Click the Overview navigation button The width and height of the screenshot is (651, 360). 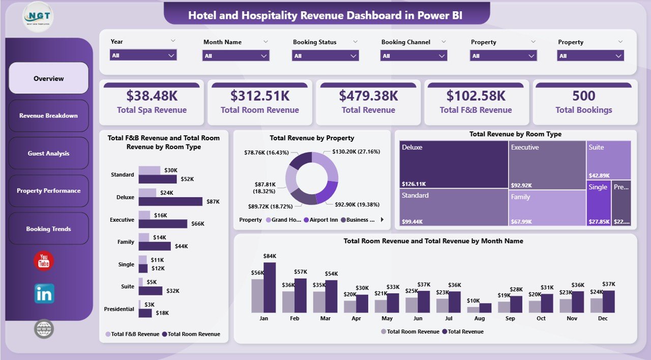pyautogui.click(x=49, y=78)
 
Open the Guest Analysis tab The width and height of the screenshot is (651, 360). pyautogui.click(x=49, y=153)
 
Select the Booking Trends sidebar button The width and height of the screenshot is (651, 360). pyautogui.click(x=49, y=229)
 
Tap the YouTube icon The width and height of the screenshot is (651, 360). pyautogui.click(x=44, y=261)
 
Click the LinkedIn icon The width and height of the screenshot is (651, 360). pyautogui.click(x=44, y=294)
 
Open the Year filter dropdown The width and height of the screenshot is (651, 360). pyautogui.click(x=143, y=55)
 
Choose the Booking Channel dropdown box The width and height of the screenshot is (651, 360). pyautogui.click(x=413, y=56)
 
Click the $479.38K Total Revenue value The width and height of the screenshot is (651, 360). pyautogui.click(x=368, y=96)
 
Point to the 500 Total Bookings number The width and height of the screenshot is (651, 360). pyautogui.click(x=583, y=96)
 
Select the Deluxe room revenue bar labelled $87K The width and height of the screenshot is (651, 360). pyautogui.click(x=170, y=201)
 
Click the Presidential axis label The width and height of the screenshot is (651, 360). pyautogui.click(x=119, y=309)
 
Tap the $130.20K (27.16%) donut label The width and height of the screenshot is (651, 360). pyautogui.click(x=356, y=152)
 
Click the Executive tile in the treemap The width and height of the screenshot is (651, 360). pyautogui.click(x=547, y=164)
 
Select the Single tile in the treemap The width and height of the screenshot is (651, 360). pyautogui.click(x=598, y=202)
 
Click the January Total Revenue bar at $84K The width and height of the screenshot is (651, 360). pyautogui.click(x=270, y=287)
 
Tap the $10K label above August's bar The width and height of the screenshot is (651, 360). pyautogui.click(x=472, y=301)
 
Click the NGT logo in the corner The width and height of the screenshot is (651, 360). pyautogui.click(x=38, y=17)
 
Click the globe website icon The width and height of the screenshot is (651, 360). pyautogui.click(x=44, y=329)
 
